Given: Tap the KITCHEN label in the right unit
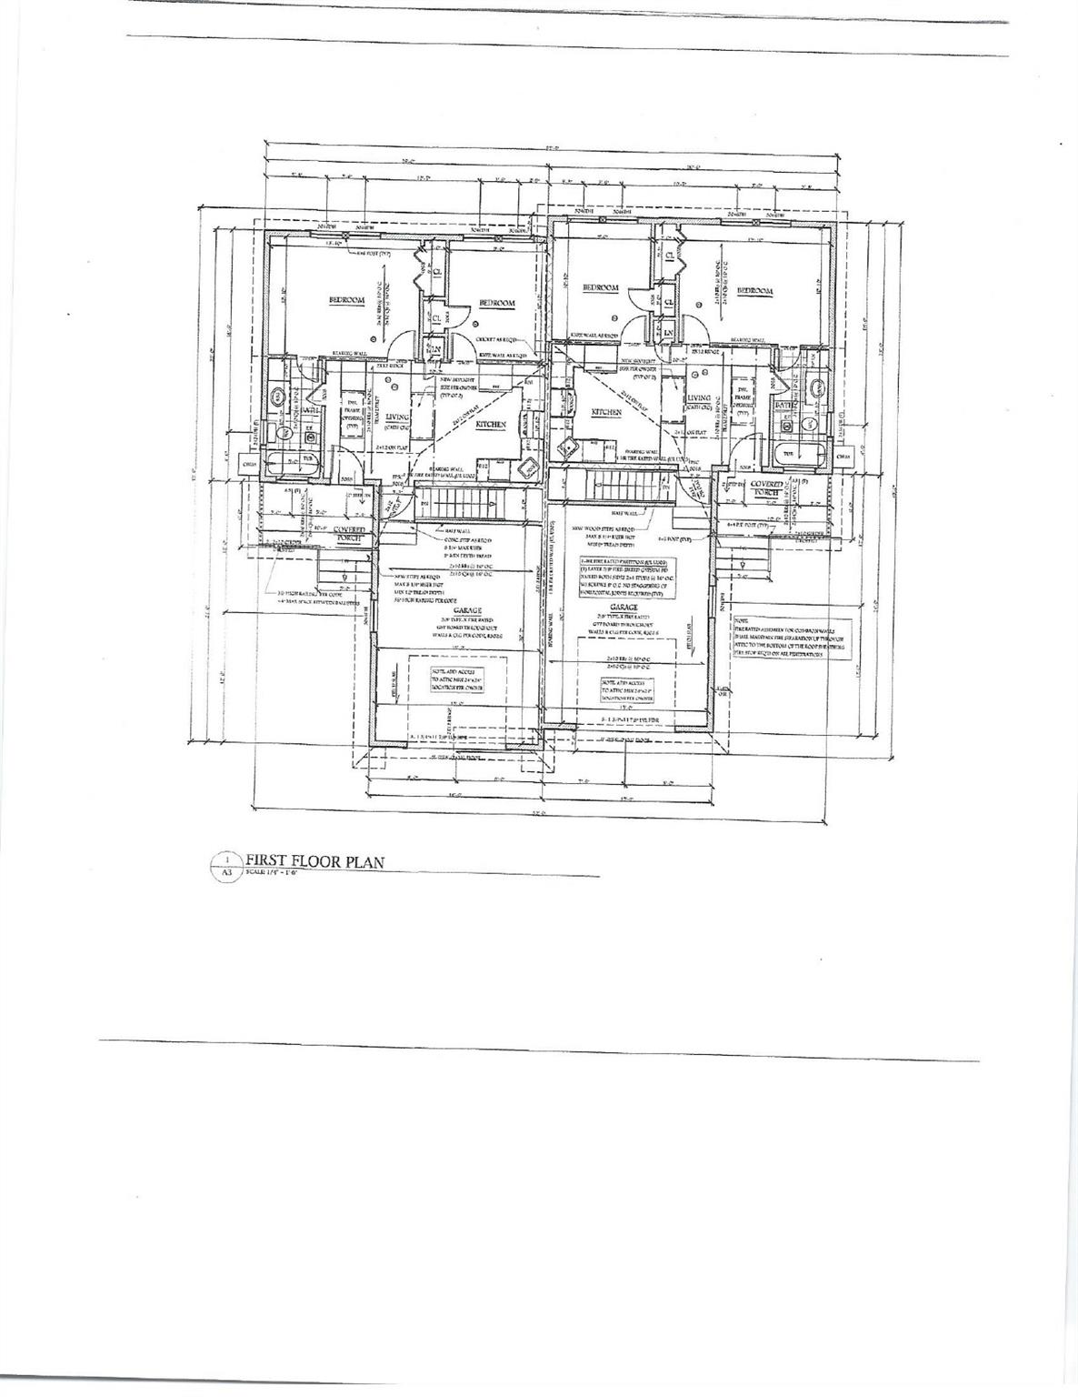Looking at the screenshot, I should (x=606, y=412).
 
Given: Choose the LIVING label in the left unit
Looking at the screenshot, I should (x=396, y=417).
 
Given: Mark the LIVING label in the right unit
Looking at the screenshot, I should (x=698, y=397).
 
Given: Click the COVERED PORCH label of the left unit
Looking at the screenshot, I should (x=349, y=533).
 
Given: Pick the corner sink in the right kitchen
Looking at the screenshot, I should (x=569, y=447).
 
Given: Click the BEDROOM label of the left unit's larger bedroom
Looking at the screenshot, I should (x=346, y=300).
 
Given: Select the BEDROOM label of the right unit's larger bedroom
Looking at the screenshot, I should (x=754, y=291).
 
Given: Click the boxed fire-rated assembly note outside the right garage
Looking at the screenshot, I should (x=778, y=638).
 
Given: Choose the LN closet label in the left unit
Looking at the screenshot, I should (x=435, y=347).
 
